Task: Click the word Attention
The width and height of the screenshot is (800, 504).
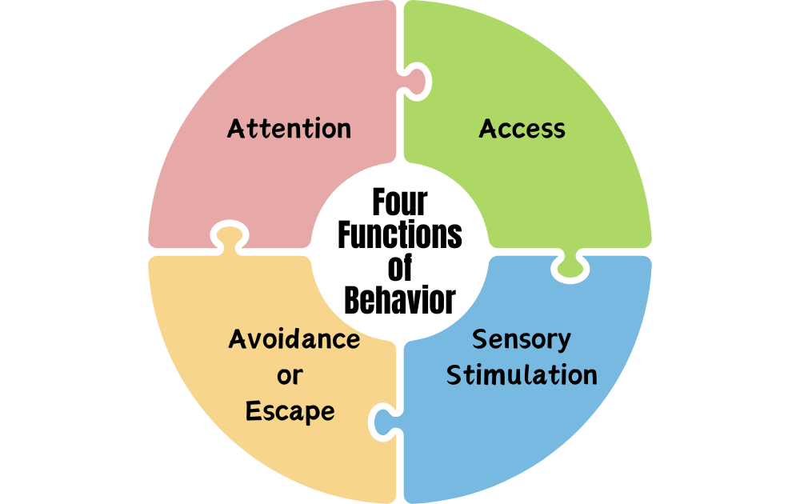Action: coord(289,129)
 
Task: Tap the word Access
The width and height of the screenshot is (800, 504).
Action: coord(522,129)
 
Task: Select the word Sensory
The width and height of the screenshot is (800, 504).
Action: coord(521,339)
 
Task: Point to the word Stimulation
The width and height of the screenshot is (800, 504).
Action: coord(522,374)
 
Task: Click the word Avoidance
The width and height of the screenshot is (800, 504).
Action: coord(294,339)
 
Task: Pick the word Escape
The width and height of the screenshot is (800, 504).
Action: coord(290,411)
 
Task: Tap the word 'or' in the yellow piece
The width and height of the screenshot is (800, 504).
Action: coord(290,374)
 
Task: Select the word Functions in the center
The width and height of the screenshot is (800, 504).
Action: coord(400,235)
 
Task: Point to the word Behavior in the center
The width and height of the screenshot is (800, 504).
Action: coord(400,301)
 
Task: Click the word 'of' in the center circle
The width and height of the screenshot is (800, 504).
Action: coord(400,268)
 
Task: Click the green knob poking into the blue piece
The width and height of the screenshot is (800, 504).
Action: coord(570,266)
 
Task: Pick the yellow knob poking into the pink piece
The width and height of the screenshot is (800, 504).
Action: coord(228,237)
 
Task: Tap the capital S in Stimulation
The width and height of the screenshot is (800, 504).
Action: coord(454,374)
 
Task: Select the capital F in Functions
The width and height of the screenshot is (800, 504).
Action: coord(345,235)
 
